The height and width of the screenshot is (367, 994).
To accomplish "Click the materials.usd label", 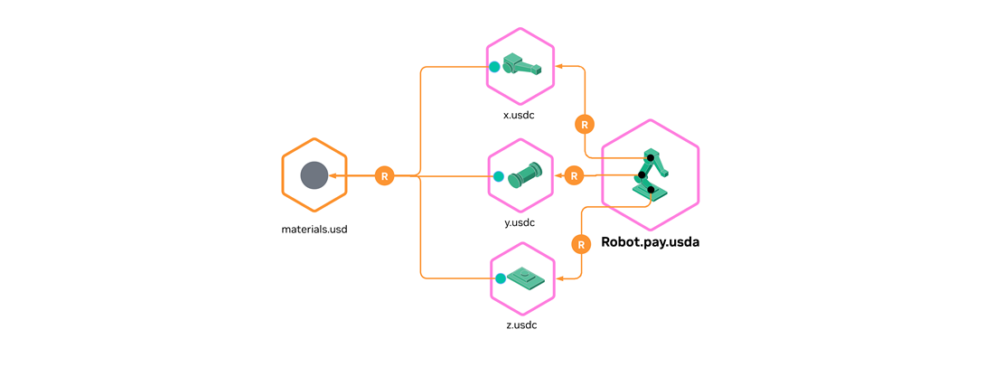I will (314, 230).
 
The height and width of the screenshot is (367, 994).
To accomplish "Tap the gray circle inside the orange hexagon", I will (314, 175).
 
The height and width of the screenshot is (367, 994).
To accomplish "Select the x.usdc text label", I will (520, 116).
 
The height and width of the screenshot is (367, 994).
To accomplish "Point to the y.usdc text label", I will (520, 222).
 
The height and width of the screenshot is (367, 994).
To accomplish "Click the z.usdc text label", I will (521, 325).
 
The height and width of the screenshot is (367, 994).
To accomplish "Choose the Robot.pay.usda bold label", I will (651, 242).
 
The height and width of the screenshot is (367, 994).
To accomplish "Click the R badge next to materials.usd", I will (385, 175).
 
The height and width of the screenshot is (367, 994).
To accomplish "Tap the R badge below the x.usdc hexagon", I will (585, 124).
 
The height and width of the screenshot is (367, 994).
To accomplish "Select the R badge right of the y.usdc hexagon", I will (573, 175).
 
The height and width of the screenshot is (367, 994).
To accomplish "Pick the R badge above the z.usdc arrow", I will (581, 244).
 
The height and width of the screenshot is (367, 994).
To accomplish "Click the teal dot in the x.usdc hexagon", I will (494, 66).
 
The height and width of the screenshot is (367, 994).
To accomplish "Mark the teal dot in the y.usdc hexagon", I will (497, 175).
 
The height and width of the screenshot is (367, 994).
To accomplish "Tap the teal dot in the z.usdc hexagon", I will (500, 278).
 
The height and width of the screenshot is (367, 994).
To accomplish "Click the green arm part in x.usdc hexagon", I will (523, 66).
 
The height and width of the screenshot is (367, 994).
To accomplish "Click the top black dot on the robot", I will (651, 158).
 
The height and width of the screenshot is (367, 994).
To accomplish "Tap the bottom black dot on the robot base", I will (651, 190).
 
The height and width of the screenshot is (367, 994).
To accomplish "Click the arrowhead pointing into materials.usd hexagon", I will (332, 175).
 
